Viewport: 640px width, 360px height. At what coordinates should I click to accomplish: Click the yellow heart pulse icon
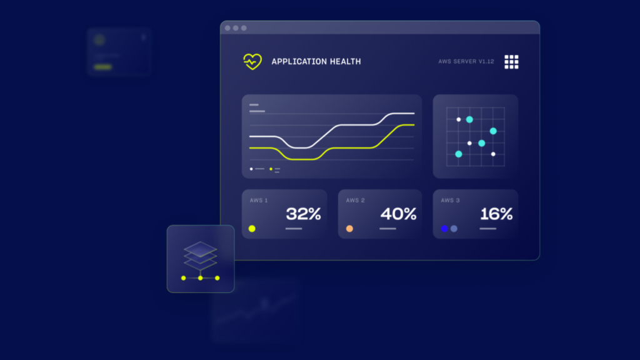click(252, 62)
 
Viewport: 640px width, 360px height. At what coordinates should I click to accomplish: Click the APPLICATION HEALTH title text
click(316, 62)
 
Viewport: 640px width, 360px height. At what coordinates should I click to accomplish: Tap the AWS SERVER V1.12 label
click(466, 62)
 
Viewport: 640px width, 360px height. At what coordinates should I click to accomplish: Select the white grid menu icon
click(511, 62)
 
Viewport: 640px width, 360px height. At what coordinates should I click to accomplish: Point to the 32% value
click(303, 214)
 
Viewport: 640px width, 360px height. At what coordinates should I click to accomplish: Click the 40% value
click(398, 214)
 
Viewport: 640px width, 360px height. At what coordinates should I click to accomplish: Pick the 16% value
click(496, 214)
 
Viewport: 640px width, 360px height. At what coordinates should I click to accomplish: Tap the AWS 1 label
click(259, 201)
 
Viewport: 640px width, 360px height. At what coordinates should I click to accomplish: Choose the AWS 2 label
click(355, 201)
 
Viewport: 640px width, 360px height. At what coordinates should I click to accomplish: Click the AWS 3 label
click(450, 201)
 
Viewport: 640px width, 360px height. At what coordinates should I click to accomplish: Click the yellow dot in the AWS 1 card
click(252, 229)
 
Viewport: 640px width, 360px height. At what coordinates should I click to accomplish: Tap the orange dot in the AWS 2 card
click(349, 229)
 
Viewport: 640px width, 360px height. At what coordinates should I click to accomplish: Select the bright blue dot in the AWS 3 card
click(444, 229)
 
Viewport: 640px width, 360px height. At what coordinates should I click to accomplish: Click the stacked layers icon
click(200, 256)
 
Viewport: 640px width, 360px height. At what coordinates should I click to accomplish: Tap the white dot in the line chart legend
click(251, 169)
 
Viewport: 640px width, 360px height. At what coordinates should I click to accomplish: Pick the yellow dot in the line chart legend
click(271, 169)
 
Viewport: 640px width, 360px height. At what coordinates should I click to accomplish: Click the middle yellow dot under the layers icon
click(201, 278)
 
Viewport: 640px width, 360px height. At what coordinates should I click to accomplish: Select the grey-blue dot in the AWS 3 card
click(454, 229)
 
